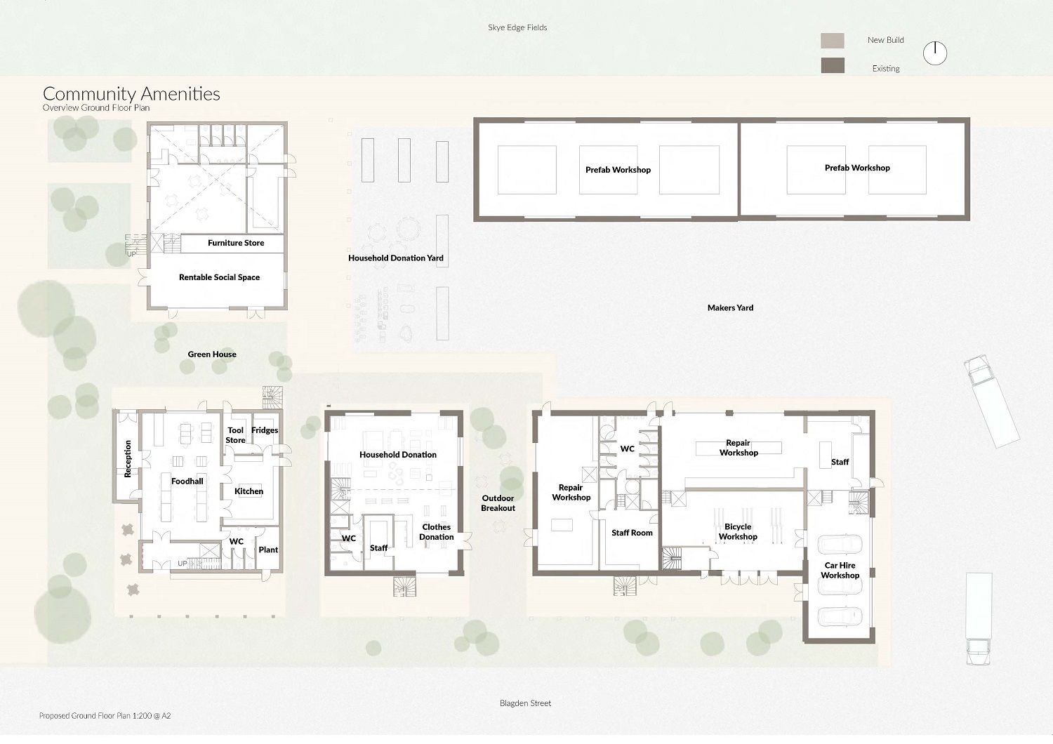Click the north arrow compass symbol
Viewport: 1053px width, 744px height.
(934, 53)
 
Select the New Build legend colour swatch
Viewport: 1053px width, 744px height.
(833, 41)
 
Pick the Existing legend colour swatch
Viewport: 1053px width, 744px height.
(833, 65)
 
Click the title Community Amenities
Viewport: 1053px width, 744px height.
(131, 94)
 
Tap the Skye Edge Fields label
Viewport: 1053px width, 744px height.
(517, 27)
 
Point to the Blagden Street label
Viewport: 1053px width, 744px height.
(525, 703)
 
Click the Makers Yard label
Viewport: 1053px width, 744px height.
(730, 308)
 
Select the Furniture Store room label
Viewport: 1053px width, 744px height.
(235, 243)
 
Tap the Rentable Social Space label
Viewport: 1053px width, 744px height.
(219, 277)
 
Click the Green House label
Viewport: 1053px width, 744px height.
(212, 354)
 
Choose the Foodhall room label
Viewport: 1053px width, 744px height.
(187, 481)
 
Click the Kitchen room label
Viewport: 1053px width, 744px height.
(249, 491)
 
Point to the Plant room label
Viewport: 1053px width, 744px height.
(268, 550)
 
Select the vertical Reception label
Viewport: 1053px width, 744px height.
(127, 459)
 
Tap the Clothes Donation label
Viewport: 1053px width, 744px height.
(436, 532)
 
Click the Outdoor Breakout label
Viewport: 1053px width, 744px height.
(498, 503)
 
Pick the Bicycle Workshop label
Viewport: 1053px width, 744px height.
(738, 531)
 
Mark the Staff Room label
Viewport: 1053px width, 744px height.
(632, 533)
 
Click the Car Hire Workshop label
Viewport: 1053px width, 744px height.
(840, 570)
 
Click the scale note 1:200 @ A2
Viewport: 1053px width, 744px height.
(152, 716)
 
